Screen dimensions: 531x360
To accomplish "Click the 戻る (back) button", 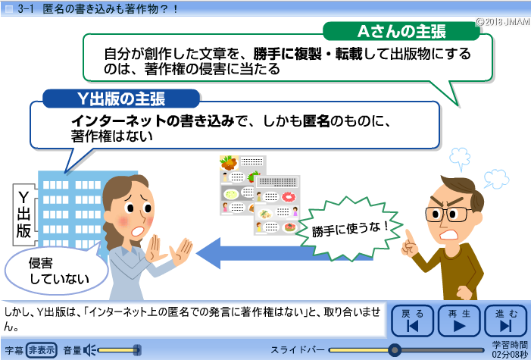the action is coord(412,321).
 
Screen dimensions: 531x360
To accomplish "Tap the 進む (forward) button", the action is coord(505,321).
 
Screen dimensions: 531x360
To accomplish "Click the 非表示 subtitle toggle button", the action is coord(42,350).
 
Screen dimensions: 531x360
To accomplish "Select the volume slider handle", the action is coord(137,350).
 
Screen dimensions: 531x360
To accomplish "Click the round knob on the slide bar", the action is coord(394,350).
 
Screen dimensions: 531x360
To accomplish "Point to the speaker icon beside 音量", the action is coord(89,350).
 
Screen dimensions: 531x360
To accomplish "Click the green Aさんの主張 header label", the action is coord(401,32).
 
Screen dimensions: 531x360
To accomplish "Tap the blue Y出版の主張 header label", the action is coord(121,99).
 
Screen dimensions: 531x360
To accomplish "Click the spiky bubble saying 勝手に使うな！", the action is coord(349,230).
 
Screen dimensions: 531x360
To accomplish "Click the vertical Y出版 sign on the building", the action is coord(23,214).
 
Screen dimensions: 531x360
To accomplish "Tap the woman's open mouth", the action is coord(138,231).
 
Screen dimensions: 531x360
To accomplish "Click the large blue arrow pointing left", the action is coord(267,253).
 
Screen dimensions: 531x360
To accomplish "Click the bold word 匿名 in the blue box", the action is coord(316,121).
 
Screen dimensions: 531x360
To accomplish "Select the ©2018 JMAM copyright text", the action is coord(503,22).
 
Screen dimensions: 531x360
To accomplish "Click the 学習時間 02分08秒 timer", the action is coord(510,349).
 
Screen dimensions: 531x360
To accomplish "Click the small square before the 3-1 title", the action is coord(9,9).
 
